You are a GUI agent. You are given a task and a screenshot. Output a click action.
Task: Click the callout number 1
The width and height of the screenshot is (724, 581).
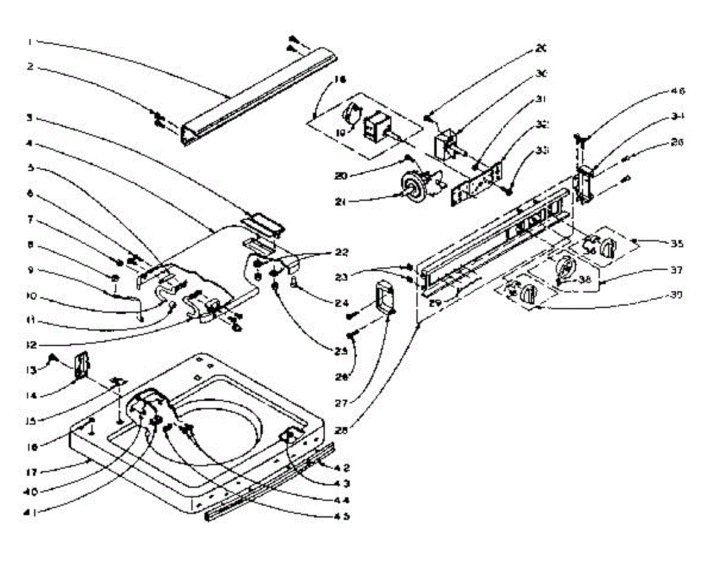pyautogui.click(x=29, y=42)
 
